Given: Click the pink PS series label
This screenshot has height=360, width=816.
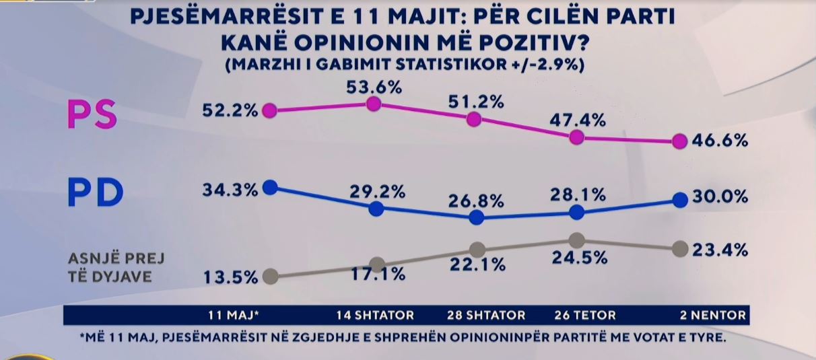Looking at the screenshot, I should click(92, 114).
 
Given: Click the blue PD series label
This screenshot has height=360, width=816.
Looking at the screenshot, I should click(96, 193).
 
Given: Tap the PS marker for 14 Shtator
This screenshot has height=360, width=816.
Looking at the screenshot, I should click(374, 103).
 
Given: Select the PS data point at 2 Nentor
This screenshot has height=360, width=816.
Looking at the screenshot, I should click(680, 142).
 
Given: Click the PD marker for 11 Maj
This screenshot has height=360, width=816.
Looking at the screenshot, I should click(270, 187).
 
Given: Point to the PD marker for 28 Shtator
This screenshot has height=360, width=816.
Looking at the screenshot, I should click(476, 217).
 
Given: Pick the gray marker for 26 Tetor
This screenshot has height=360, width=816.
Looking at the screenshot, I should click(576, 240).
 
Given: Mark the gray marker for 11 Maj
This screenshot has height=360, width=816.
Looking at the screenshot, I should click(270, 277).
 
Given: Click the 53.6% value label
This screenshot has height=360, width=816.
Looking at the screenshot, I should click(374, 87).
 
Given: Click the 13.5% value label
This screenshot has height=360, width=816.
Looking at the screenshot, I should click(230, 277).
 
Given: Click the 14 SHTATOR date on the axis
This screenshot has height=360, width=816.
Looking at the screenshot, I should click(374, 315).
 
